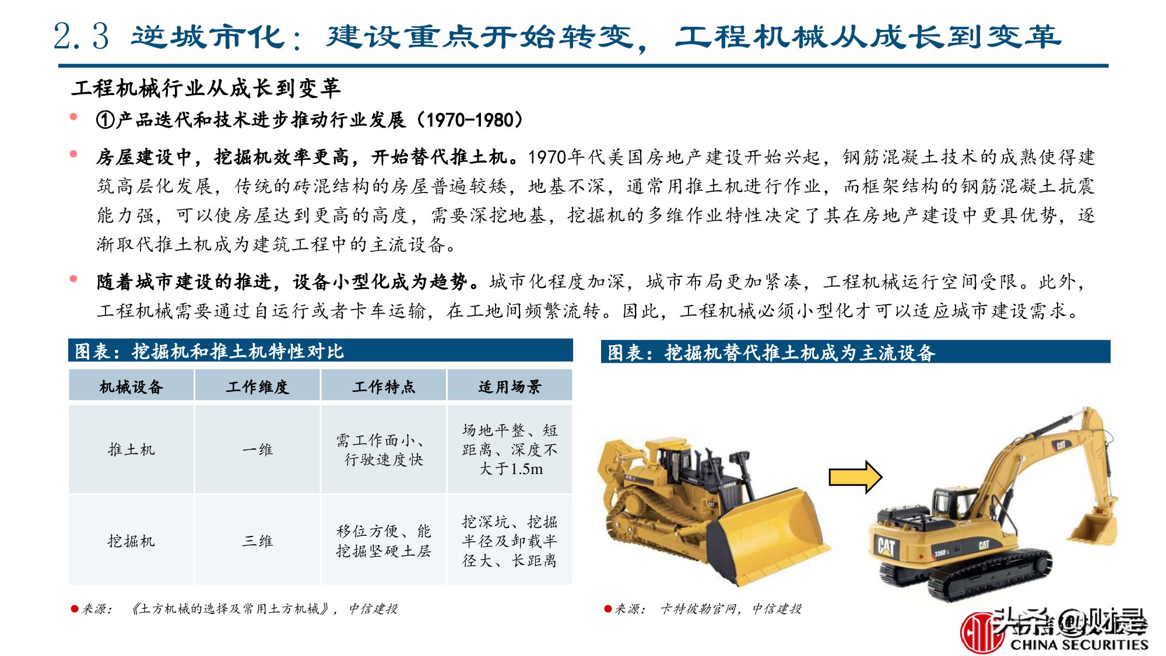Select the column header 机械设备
pyautogui.click(x=131, y=387)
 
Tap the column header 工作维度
pyautogui.click(x=257, y=387)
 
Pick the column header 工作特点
pyautogui.click(x=384, y=387)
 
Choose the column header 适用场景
pyautogui.click(x=510, y=387)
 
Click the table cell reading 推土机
pyautogui.click(x=131, y=450)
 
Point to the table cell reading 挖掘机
pyautogui.click(x=131, y=541)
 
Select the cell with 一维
pyautogui.click(x=257, y=450)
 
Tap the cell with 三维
pyautogui.click(x=257, y=541)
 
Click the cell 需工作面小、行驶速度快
pyautogui.click(x=384, y=450)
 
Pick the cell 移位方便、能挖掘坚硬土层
pyautogui.click(x=384, y=541)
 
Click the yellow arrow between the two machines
pyautogui.click(x=855, y=478)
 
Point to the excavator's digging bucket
pyautogui.click(x=1093, y=528)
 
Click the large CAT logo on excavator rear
pyautogui.click(x=886, y=547)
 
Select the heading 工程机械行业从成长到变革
pyautogui.click(x=206, y=88)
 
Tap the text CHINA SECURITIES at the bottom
pyautogui.click(x=1079, y=644)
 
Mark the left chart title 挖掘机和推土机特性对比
pyautogui.click(x=238, y=352)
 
